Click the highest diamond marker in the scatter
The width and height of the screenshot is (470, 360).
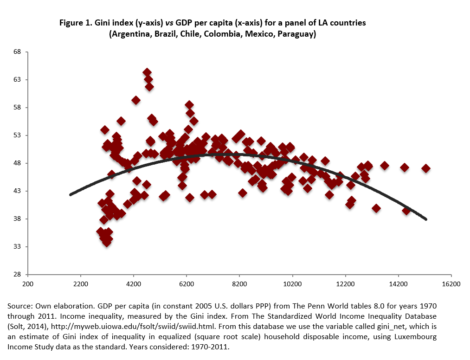tap(147, 72)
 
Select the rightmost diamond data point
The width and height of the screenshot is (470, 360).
tap(425, 168)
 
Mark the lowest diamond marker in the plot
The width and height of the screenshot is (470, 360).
tap(107, 242)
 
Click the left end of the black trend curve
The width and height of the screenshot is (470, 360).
tap(71, 194)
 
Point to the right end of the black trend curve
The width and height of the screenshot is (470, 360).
tap(426, 219)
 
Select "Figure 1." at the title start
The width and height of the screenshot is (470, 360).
tap(76, 22)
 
